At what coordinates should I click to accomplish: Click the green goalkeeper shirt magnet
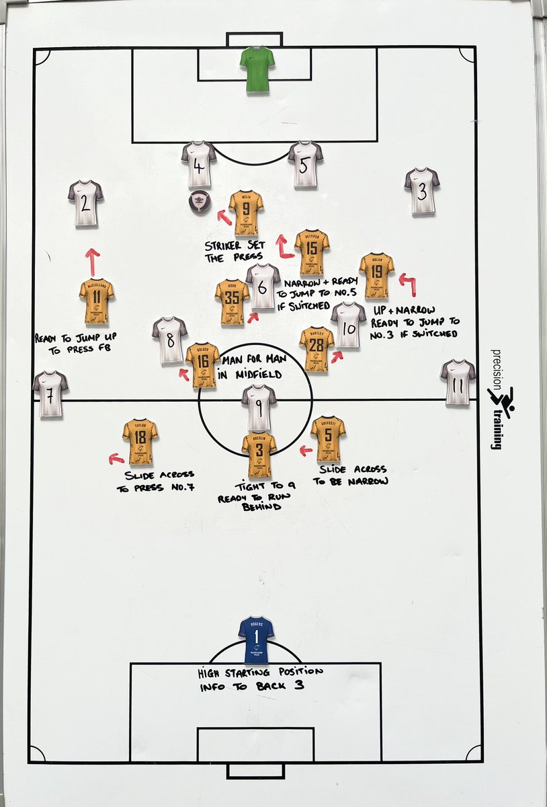pos(257,69)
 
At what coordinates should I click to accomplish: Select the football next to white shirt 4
pos(200,200)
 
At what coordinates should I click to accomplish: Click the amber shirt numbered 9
pos(245,213)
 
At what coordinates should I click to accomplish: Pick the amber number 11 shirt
pos(96,301)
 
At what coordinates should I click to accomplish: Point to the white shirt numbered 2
pos(85,202)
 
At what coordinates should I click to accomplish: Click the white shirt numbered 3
pos(422,191)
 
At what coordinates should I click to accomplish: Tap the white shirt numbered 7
pos(50,393)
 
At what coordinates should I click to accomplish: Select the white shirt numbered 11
pos(458,382)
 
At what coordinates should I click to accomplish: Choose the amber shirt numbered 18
pos(140,441)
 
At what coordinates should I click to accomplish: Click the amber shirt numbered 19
pos(376,275)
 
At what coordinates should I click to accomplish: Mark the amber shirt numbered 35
pos(233,302)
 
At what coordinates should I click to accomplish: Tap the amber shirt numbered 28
pos(317,349)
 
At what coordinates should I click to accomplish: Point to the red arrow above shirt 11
pos(93,261)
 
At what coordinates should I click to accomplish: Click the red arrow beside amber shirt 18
pos(116,459)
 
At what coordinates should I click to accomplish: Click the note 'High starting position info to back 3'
pos(260,679)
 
